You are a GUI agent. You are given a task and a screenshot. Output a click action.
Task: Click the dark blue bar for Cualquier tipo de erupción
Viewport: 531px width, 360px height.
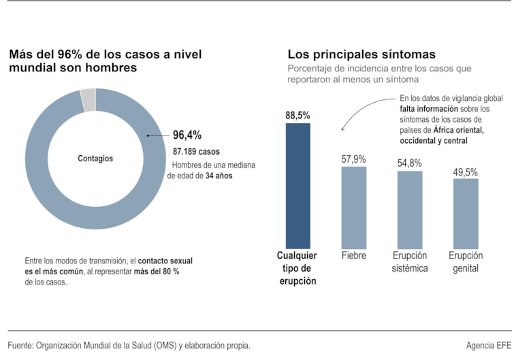point(297,185)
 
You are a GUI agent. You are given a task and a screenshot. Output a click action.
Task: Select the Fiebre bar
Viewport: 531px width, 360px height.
point(353,207)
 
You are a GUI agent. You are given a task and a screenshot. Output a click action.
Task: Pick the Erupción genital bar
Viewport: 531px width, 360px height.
point(466,213)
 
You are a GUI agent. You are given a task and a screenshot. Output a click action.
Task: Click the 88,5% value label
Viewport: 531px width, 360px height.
point(297,116)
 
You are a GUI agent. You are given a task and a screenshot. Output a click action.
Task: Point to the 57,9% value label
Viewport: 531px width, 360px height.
point(353,159)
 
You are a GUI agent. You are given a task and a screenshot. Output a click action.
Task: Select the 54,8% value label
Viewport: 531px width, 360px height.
point(410,163)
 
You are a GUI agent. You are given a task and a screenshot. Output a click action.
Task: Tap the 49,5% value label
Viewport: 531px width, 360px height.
point(466,172)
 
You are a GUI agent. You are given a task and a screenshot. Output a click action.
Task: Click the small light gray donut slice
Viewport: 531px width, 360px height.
point(88,100)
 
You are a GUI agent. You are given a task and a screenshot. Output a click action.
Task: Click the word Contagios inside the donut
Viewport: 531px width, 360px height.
point(95,159)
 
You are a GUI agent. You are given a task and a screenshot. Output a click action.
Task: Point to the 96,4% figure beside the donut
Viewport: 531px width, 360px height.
point(187,135)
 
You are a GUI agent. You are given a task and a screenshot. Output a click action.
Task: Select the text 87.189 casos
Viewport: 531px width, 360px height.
point(196,151)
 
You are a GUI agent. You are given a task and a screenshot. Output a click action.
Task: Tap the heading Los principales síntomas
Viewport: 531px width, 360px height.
point(361,54)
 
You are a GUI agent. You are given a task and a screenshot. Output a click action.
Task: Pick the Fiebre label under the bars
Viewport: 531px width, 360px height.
point(353,256)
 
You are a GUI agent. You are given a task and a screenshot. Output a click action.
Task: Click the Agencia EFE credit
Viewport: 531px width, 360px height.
point(488,345)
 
